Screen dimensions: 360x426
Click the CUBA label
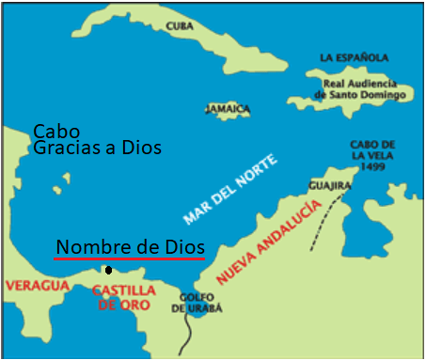[179, 26]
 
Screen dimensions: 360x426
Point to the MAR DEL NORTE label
[230, 190]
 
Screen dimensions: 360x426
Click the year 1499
[375, 165]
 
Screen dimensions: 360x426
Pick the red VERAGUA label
[39, 284]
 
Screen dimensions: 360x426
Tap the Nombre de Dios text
[130, 245]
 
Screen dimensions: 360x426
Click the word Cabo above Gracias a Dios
[56, 131]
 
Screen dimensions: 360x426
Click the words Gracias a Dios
[97, 148]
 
